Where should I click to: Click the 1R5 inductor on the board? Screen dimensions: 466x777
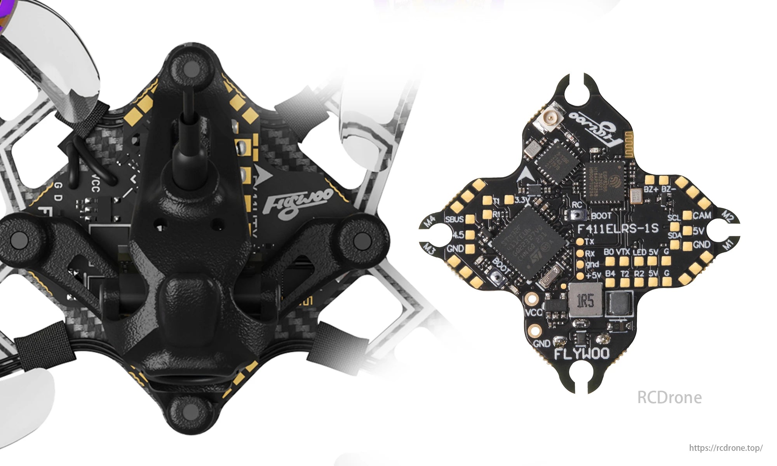pyautogui.click(x=585, y=301)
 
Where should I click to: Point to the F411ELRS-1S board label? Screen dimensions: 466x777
pyautogui.click(x=618, y=228)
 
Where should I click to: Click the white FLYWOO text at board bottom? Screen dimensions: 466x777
pyautogui.click(x=581, y=353)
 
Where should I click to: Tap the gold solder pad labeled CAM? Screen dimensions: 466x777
pyautogui.click(x=687, y=216)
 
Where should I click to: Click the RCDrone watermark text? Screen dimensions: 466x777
pyautogui.click(x=669, y=398)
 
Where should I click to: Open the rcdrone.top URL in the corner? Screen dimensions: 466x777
pyautogui.click(x=725, y=448)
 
